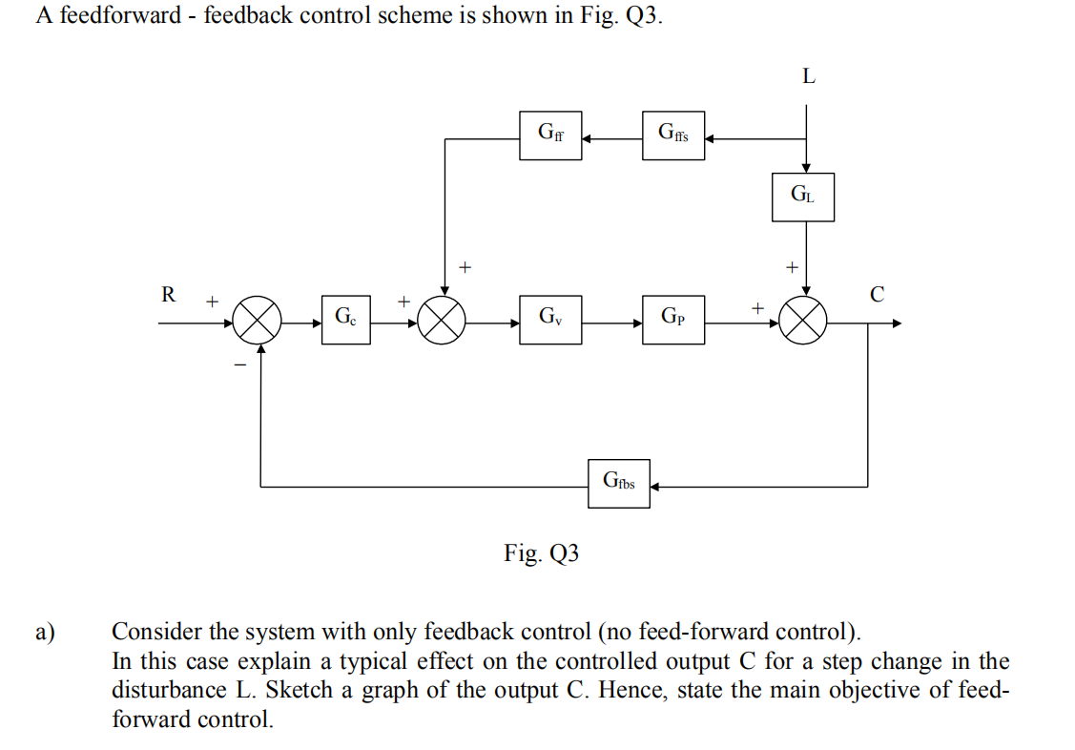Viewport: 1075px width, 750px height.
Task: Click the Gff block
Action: pos(550,135)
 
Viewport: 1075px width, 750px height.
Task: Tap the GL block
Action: pos(803,197)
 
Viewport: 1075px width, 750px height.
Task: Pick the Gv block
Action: pos(550,319)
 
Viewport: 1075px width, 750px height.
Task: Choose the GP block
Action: pos(673,319)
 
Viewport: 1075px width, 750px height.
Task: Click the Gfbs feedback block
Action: pos(619,484)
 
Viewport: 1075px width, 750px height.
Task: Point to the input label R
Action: pos(168,294)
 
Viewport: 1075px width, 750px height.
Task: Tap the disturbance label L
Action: pos(809,77)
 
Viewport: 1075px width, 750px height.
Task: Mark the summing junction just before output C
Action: pos(804,323)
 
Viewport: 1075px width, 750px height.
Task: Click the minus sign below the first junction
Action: pos(240,365)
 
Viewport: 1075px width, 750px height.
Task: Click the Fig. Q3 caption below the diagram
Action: pos(541,554)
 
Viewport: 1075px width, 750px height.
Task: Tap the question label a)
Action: pos(46,632)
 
